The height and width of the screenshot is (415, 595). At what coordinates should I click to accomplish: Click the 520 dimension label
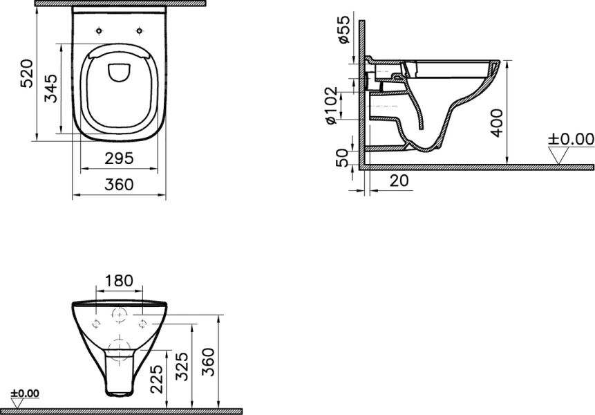[26, 73]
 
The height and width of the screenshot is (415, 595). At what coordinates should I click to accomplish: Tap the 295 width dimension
[120, 158]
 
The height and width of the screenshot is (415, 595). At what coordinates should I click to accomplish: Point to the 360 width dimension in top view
[120, 185]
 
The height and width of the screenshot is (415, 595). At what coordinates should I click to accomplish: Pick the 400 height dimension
[497, 122]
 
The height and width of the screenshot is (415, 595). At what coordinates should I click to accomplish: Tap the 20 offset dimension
[399, 181]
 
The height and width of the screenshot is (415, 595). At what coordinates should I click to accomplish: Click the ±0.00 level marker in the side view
[571, 140]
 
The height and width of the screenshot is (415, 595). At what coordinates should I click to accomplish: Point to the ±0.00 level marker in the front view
[26, 394]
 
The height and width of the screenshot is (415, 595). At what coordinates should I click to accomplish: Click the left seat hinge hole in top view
[100, 30]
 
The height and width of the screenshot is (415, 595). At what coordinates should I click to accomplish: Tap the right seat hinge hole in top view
[140, 30]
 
